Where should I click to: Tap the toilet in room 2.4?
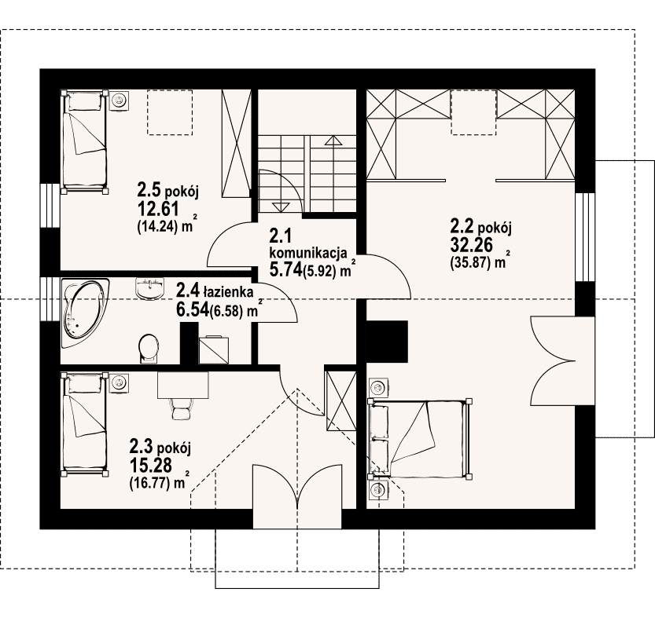[x=149, y=348]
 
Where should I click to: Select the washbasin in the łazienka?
[x=149, y=289]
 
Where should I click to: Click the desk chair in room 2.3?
[x=182, y=408]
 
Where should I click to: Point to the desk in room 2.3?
[x=183, y=385]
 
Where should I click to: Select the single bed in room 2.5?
[x=84, y=141]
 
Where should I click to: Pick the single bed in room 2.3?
[x=84, y=424]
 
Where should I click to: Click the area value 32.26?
[x=471, y=245]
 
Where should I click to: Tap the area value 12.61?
[x=158, y=209]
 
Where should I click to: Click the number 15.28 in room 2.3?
[x=151, y=465]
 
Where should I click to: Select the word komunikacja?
[x=309, y=254]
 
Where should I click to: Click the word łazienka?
[x=228, y=291]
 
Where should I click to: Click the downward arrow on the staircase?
[x=281, y=207]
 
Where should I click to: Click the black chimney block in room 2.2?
[x=387, y=341]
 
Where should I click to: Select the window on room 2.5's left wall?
[x=50, y=205]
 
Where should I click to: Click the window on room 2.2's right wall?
[x=585, y=236]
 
